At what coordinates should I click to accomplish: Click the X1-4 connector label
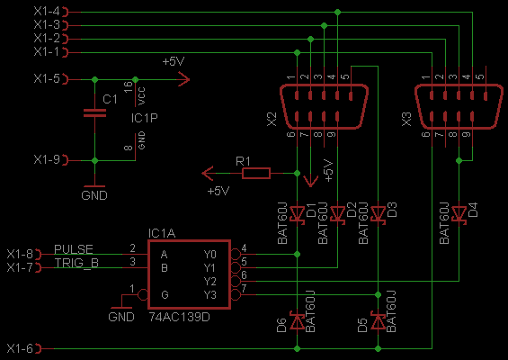click(47, 12)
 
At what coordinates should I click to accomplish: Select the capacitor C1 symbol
click(94, 112)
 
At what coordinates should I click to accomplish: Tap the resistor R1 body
click(256, 174)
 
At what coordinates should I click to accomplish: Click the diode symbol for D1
click(297, 214)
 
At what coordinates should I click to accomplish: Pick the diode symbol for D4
click(459, 214)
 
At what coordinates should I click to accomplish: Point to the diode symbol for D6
click(297, 321)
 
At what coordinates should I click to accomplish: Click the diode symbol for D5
click(378, 321)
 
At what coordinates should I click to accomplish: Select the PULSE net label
click(74, 249)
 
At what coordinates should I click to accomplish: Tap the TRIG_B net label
click(76, 263)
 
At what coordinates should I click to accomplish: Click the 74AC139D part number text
click(179, 317)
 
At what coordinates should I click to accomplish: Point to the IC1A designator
click(162, 233)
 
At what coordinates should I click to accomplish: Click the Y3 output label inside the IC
click(209, 295)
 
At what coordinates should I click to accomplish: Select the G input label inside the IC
click(165, 295)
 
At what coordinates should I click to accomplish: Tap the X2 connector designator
click(272, 120)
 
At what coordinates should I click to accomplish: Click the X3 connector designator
click(406, 120)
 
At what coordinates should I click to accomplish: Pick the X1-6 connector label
click(20, 348)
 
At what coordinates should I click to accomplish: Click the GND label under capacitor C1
click(94, 195)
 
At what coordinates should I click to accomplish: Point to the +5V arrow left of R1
click(208, 174)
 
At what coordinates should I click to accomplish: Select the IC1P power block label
click(145, 118)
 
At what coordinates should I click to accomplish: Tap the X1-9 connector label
click(47, 159)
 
